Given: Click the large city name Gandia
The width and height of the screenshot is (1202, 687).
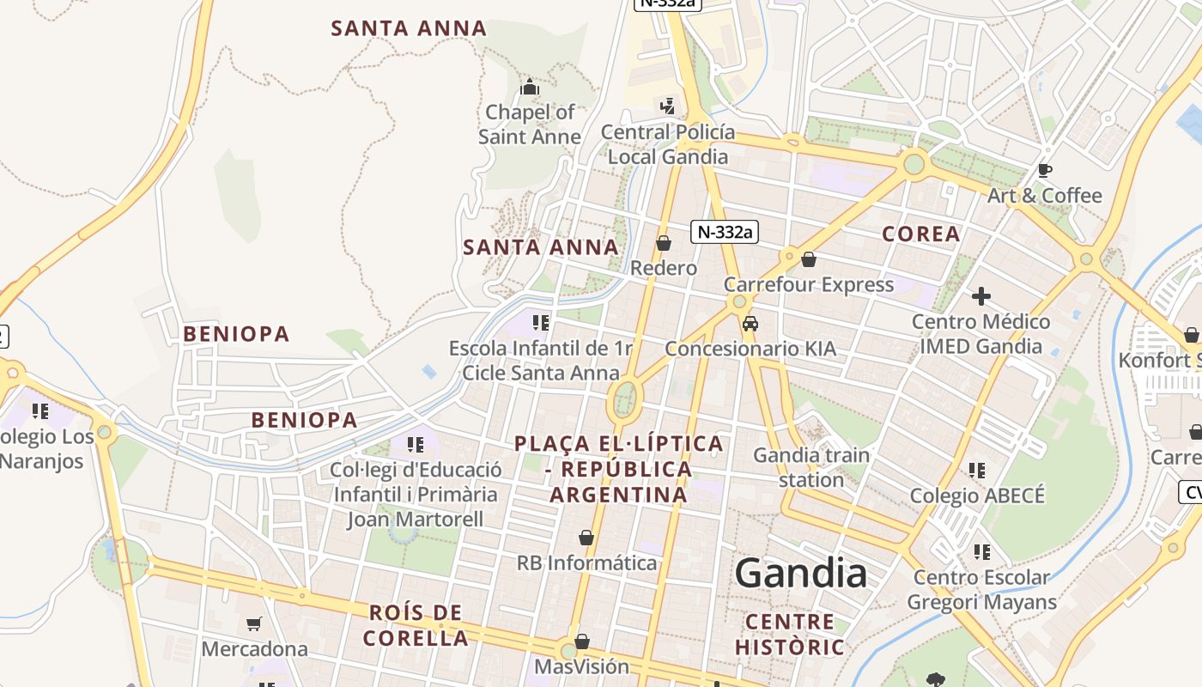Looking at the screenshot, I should pyautogui.click(x=800, y=573).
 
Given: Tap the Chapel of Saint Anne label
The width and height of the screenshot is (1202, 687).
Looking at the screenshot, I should pyautogui.click(x=530, y=125).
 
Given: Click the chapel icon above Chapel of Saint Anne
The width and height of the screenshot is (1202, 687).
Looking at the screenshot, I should pyautogui.click(x=530, y=87).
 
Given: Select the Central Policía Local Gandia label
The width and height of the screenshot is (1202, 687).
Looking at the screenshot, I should pyautogui.click(x=668, y=144).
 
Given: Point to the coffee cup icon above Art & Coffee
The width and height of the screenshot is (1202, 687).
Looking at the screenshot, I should pyautogui.click(x=1045, y=170).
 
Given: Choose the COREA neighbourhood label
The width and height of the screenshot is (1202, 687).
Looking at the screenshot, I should pyautogui.click(x=921, y=234).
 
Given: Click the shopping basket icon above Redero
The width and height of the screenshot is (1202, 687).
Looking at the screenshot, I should pyautogui.click(x=664, y=243).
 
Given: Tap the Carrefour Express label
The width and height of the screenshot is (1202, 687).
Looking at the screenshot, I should pyautogui.click(x=809, y=284).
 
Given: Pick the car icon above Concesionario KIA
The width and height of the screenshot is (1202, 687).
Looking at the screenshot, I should pyautogui.click(x=750, y=324).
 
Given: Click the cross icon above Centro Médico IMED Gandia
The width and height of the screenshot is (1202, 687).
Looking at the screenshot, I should pyautogui.click(x=981, y=297).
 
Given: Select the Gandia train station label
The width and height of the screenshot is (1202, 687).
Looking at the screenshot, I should pyautogui.click(x=811, y=467).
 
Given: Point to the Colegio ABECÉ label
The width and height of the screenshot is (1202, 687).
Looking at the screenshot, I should pyautogui.click(x=977, y=495).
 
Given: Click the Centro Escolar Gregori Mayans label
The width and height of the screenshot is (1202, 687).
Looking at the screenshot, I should pyautogui.click(x=981, y=590).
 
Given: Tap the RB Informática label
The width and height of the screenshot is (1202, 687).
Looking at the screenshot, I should pyautogui.click(x=586, y=563).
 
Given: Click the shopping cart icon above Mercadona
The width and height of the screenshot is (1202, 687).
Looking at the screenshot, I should pyautogui.click(x=253, y=623).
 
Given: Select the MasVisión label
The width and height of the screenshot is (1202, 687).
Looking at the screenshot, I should pyautogui.click(x=582, y=666).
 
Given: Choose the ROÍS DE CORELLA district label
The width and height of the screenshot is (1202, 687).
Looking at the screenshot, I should pyautogui.click(x=416, y=625).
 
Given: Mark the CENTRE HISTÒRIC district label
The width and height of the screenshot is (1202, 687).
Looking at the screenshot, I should pyautogui.click(x=790, y=634).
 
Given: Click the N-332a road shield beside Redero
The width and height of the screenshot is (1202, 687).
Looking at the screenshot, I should pyautogui.click(x=725, y=231).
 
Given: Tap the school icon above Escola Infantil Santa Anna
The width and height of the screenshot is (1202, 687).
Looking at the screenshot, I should pyautogui.click(x=540, y=323).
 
